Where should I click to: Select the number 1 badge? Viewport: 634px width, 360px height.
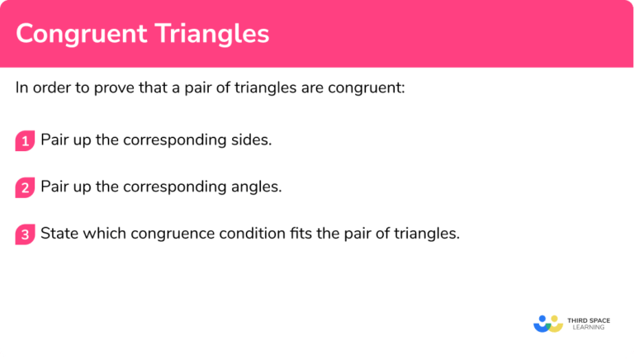pyautogui.click(x=26, y=141)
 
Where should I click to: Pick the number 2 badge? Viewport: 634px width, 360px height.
pyautogui.click(x=26, y=187)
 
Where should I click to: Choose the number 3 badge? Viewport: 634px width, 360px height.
pyautogui.click(x=26, y=234)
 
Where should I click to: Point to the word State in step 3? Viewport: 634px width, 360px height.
pyautogui.click(x=59, y=234)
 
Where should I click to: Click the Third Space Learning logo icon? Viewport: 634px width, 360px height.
pyautogui.click(x=547, y=322)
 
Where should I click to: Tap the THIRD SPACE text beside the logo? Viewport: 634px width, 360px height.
pyautogui.click(x=590, y=318)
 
